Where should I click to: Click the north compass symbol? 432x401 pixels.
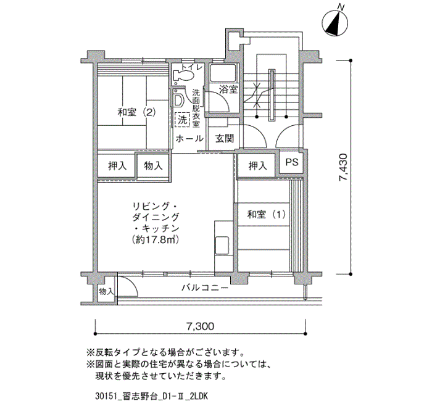[x=334, y=23]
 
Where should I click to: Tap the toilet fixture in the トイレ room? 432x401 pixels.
[x=183, y=75]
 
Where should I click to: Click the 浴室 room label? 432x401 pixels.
[x=228, y=89]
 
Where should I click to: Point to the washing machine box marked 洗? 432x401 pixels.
[x=182, y=120]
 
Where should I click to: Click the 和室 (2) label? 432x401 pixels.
[x=136, y=112]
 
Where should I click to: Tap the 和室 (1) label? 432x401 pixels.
[x=266, y=214]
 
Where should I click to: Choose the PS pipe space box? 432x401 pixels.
[x=292, y=162]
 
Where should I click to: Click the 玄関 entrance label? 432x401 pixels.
[x=225, y=139]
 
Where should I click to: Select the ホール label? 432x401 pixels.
[x=189, y=139]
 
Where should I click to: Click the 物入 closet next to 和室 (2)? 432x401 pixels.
[x=153, y=166]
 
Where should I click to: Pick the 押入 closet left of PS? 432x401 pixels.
[x=257, y=166]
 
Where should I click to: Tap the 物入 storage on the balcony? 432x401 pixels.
[x=106, y=291]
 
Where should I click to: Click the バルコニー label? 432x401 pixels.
[x=205, y=288]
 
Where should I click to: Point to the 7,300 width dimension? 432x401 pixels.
[x=201, y=326]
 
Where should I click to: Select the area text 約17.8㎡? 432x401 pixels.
[x=156, y=239]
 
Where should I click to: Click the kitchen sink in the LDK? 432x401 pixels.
[x=222, y=246]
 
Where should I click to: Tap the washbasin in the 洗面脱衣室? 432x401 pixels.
[x=178, y=100]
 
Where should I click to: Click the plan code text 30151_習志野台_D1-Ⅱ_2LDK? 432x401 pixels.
[x=151, y=396]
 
